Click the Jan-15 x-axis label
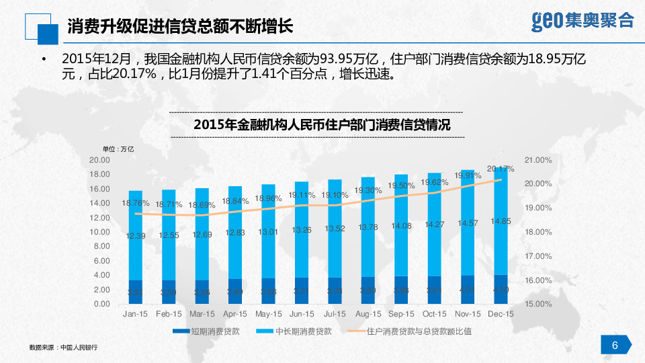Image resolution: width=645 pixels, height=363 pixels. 136,314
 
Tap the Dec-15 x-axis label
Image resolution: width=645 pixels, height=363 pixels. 501,314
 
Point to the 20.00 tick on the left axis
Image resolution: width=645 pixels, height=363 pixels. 99,160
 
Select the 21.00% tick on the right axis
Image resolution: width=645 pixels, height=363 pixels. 538,160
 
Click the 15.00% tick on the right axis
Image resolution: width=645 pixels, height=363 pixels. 538,305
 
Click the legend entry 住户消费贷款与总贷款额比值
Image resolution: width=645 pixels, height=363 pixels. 410,331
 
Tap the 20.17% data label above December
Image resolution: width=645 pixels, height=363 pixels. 501,169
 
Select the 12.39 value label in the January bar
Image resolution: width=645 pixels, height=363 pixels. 136,236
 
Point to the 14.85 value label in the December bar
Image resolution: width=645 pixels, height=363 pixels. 501,221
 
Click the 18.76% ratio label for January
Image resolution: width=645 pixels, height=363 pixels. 136,203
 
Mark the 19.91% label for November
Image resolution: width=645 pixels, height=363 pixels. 468,175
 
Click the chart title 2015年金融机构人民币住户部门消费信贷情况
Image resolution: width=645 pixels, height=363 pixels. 322,124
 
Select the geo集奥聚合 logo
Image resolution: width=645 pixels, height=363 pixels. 582,20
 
